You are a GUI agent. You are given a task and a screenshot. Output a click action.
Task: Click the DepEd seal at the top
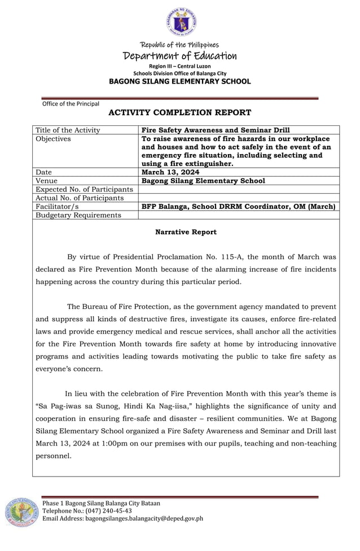click(181, 23)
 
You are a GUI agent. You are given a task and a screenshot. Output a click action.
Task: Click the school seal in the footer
click(21, 513)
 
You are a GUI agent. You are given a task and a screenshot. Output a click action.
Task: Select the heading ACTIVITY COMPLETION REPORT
click(179, 113)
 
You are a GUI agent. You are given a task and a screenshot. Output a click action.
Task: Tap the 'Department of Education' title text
click(180, 55)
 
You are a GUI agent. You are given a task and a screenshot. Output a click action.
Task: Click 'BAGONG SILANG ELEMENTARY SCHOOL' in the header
click(180, 81)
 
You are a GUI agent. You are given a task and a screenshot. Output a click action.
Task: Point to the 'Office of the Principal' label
click(71, 103)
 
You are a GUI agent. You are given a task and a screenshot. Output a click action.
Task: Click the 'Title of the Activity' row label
click(68, 130)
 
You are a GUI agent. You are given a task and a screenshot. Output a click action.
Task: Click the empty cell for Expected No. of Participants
click(239, 189)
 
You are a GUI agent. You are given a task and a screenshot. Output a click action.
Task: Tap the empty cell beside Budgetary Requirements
click(239, 215)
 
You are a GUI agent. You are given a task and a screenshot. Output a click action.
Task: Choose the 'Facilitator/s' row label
click(57, 207)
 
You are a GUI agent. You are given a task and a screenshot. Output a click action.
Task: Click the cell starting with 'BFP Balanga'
click(239, 207)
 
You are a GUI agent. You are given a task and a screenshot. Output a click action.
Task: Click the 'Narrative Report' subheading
click(186, 232)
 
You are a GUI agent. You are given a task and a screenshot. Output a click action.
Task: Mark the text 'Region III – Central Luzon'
click(180, 67)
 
